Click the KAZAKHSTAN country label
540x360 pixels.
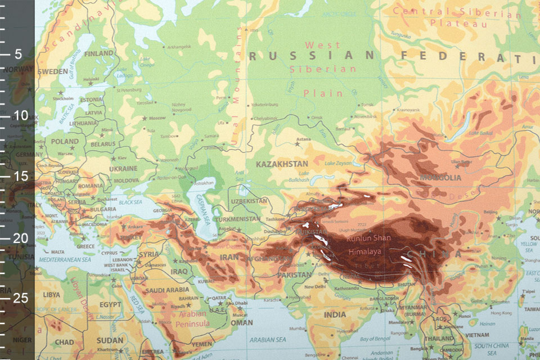pyautogui.click(x=282, y=164)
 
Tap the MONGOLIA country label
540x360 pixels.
pyautogui.click(x=440, y=178)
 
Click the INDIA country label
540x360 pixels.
pyautogui.click(x=335, y=314)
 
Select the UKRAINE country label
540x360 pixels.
pyautogui.click(x=123, y=168)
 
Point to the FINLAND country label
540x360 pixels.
pyautogui.click(x=98, y=53)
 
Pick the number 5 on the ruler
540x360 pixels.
pyautogui.click(x=18, y=55)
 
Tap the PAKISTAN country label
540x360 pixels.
pyautogui.click(x=293, y=275)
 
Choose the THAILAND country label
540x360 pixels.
pyautogui.click(x=439, y=339)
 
